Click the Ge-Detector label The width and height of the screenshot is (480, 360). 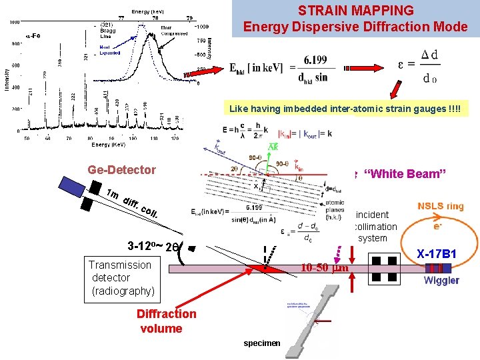121,170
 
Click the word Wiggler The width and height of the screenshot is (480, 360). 441,280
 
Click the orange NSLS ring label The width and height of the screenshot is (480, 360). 440,206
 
